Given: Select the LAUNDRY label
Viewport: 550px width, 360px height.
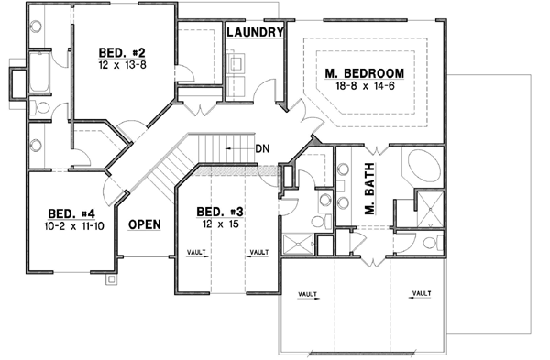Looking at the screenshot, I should coord(256,32).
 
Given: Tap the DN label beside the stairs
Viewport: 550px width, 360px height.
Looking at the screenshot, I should coord(262,147).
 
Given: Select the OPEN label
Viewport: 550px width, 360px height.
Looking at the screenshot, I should coord(144,224).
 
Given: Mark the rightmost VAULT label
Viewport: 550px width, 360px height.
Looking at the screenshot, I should coord(421,293).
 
